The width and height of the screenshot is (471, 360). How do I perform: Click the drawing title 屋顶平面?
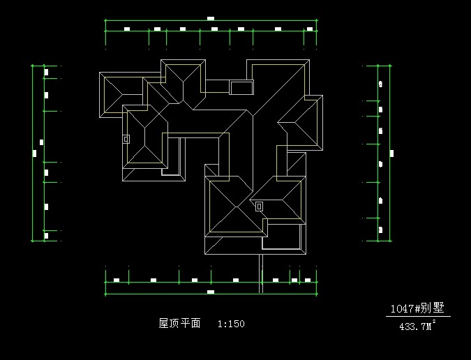coord(180,324)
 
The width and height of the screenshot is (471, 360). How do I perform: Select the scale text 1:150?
coord(231,324)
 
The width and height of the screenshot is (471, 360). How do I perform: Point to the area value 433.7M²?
coord(417,325)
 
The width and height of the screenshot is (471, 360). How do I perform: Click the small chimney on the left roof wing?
coord(126,139)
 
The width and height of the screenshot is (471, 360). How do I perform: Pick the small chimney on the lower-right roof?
coord(259,206)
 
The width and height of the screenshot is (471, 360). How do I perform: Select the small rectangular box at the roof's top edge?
coord(241,87)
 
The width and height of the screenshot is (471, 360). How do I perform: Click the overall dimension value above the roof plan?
coord(211,19)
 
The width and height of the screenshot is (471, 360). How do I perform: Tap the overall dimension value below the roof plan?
coord(210,292)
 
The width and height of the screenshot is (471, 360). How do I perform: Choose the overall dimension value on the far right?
coord(391,153)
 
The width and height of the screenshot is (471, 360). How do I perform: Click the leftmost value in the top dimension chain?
coord(127,29)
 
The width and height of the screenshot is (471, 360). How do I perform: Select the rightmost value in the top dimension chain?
coord(309,29)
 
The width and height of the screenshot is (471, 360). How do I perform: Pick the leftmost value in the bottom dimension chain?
coord(117,280)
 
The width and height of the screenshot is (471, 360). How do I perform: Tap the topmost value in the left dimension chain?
coord(47,71)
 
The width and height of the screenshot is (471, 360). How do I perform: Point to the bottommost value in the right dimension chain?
coord(381,229)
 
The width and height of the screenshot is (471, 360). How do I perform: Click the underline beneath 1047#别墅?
coord(418,316)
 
